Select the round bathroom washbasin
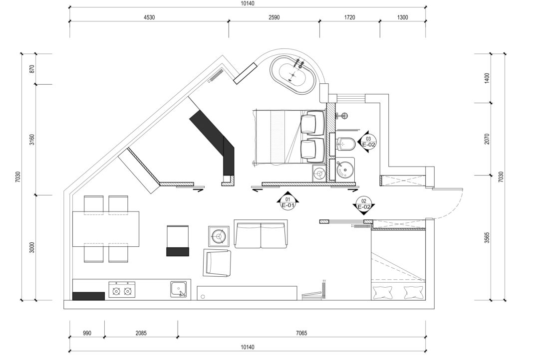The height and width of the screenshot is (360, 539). (x=344, y=169)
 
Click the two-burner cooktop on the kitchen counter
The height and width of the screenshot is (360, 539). (x=122, y=290)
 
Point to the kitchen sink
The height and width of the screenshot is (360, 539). (x=179, y=289)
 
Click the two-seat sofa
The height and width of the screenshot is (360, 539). (x=261, y=234)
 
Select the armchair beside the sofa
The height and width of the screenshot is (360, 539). (x=217, y=263)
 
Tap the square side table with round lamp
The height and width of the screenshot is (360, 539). (x=219, y=236)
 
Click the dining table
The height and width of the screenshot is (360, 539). (x=106, y=229)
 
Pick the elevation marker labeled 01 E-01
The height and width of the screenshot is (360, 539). (x=288, y=201)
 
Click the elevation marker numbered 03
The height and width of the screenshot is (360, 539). (x=367, y=141)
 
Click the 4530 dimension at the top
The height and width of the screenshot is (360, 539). (x=149, y=17)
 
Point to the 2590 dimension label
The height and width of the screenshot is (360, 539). (x=274, y=17)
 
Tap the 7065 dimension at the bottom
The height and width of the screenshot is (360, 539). (x=301, y=333)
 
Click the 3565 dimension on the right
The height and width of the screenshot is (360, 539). (x=487, y=237)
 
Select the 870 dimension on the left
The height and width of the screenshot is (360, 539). (x=32, y=69)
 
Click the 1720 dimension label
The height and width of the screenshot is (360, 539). (x=349, y=17)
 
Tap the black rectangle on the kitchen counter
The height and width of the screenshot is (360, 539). (x=89, y=296)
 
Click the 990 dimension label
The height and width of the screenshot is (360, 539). (x=87, y=333)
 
